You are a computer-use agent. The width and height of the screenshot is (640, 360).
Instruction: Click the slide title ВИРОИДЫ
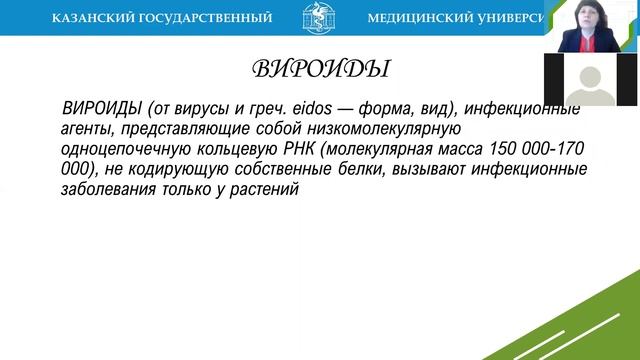tap(319, 69)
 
